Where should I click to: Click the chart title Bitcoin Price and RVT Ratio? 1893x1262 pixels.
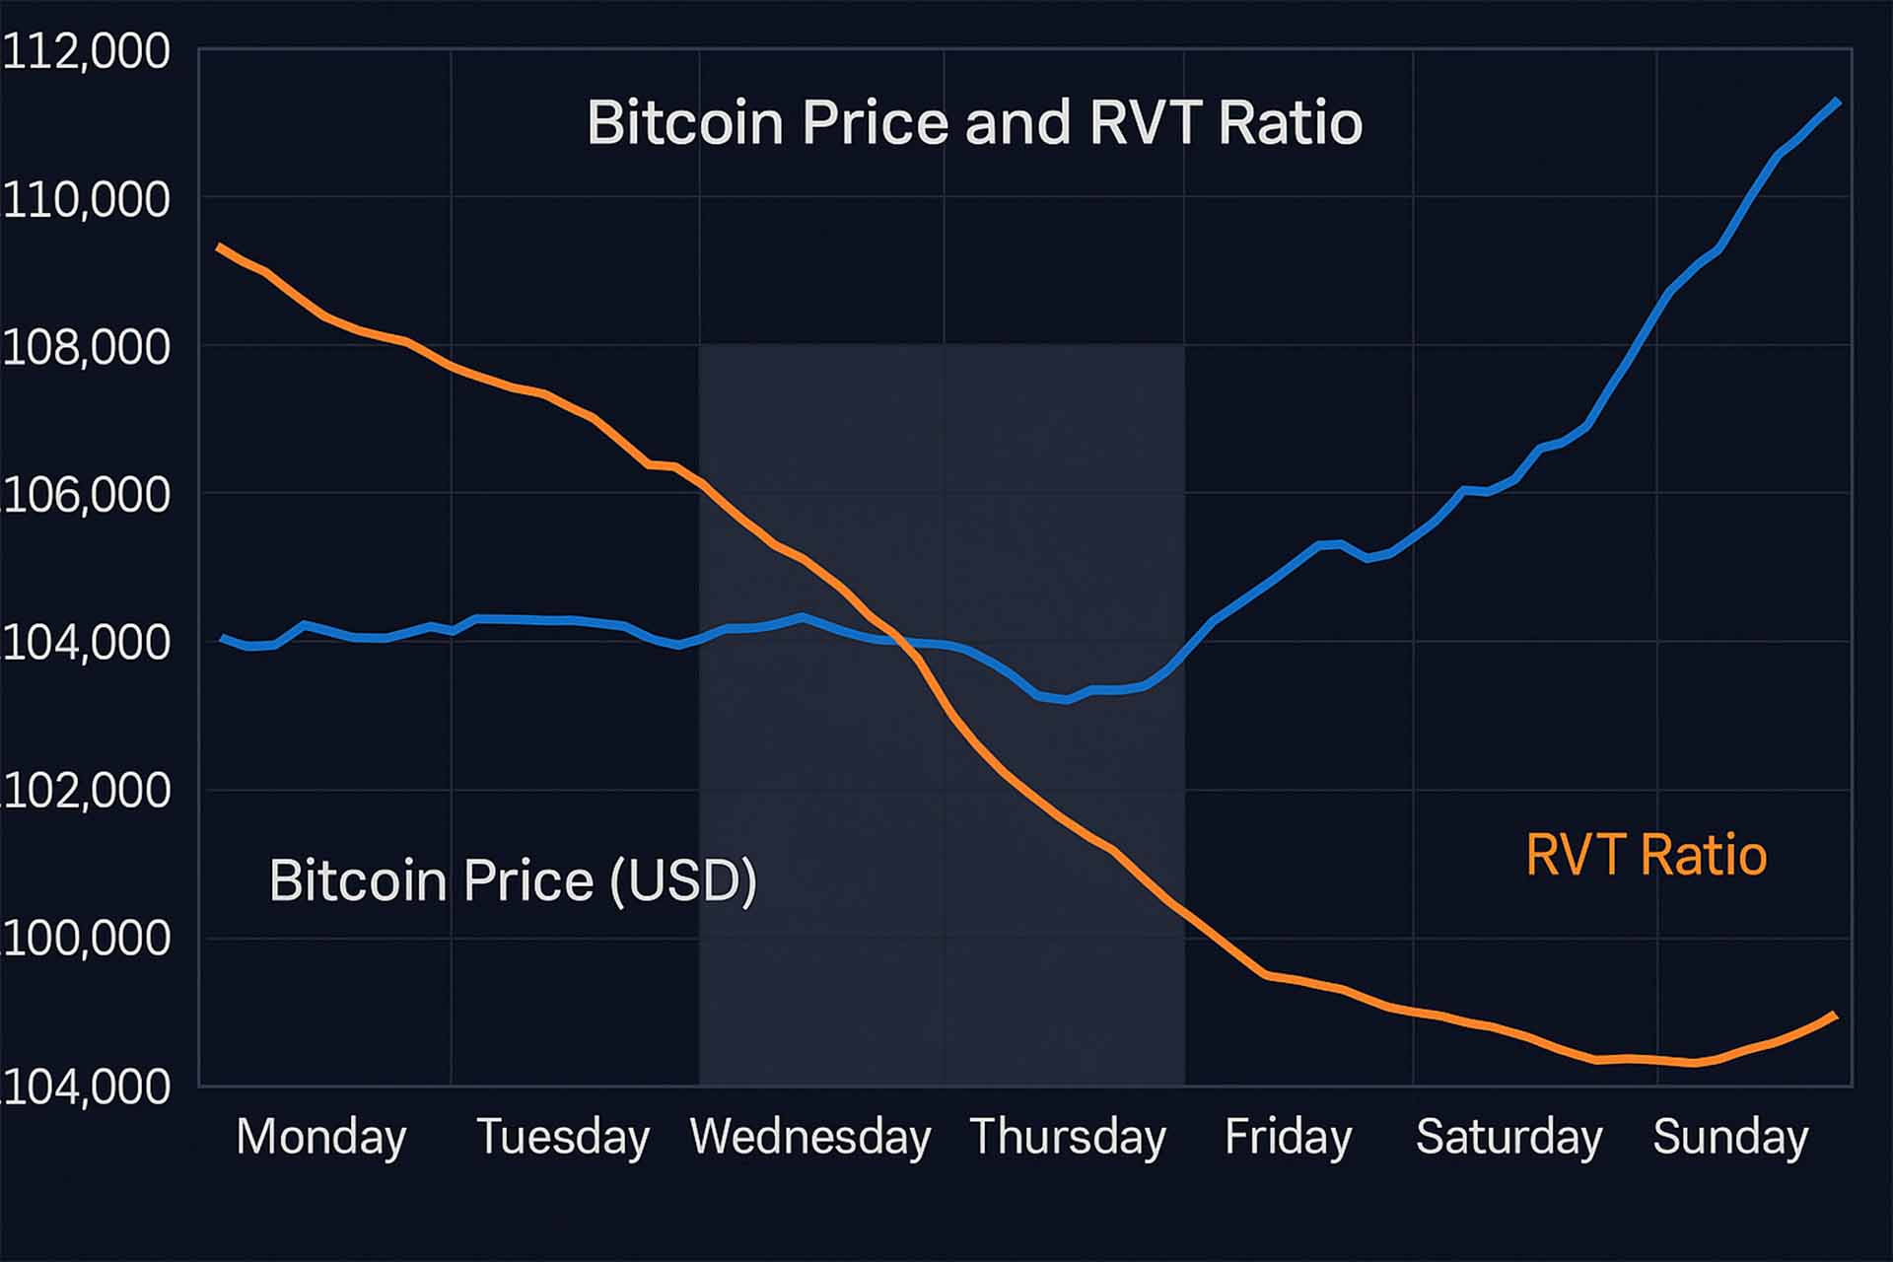[974, 123]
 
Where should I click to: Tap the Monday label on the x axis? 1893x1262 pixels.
[321, 1137]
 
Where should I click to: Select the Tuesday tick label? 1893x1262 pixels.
[563, 1137]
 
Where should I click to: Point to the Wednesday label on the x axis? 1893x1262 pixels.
[810, 1137]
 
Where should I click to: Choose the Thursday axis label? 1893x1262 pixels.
[1068, 1137]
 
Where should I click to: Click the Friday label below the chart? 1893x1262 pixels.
[1288, 1137]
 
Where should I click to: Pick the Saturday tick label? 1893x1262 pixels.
[1508, 1137]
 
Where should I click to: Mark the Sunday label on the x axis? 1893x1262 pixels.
[1730, 1137]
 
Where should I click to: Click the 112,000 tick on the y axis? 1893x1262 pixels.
[86, 51]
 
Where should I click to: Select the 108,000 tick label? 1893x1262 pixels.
[86, 348]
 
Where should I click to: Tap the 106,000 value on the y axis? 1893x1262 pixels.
[86, 495]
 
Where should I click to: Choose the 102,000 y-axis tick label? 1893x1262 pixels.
[86, 791]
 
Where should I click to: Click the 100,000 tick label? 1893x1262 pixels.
[86, 939]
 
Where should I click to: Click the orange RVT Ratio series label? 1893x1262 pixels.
[1646, 854]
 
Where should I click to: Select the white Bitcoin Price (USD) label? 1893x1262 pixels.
[513, 879]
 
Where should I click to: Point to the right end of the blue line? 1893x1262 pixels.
[1837, 102]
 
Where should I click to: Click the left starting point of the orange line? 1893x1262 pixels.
[219, 245]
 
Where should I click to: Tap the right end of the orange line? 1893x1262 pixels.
[1835, 1015]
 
